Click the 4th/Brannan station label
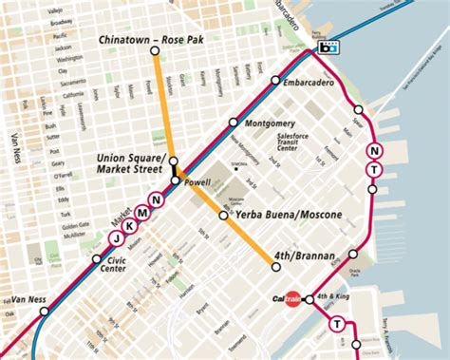click(303, 256)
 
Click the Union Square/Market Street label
click(132, 163)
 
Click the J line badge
click(114, 238)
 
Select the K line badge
click(127, 225)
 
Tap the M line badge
click(141, 213)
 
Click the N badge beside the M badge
click(155, 199)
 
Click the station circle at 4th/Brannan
click(275, 267)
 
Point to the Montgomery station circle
click(234, 122)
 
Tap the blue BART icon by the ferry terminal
click(329, 47)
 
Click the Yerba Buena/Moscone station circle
click(224, 216)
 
